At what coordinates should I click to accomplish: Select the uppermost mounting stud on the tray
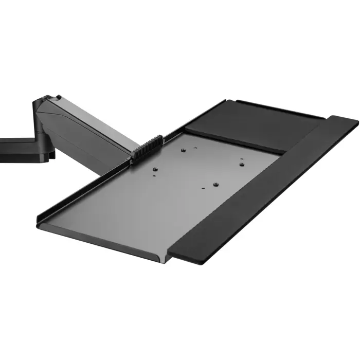184,151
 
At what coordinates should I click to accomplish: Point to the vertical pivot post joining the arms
41,129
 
